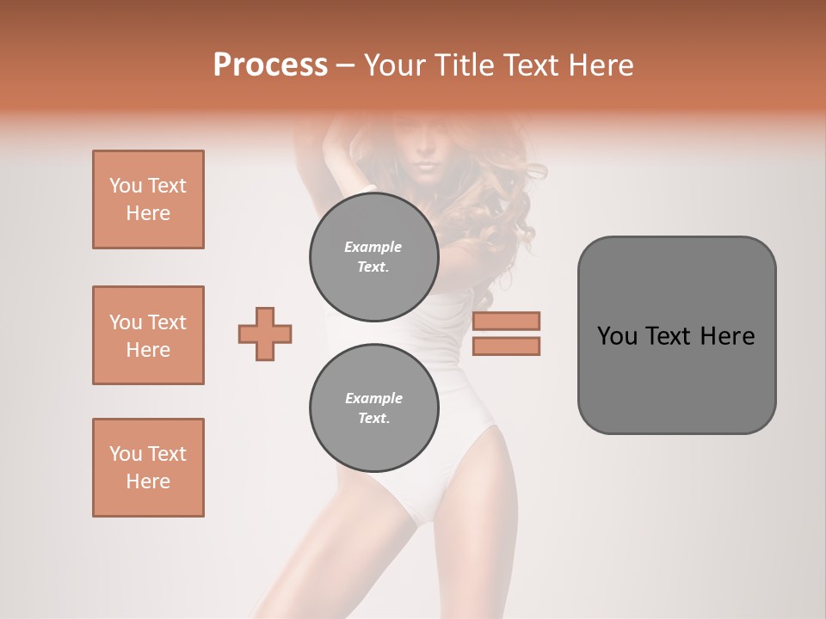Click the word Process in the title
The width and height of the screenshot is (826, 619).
point(270,65)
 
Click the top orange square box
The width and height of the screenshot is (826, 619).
point(148,199)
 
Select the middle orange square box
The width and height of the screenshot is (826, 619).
point(148,335)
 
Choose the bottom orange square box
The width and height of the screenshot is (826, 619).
point(148,468)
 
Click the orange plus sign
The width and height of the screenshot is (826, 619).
point(265,334)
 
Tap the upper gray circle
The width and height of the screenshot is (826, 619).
point(374,257)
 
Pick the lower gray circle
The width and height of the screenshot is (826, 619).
point(374,408)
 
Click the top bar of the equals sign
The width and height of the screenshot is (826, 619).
point(506,321)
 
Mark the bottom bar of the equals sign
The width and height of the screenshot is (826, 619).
point(506,346)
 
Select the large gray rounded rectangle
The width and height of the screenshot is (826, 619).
point(676,378)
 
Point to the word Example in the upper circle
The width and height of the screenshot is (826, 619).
point(373,247)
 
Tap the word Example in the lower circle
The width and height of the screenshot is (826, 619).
point(373,398)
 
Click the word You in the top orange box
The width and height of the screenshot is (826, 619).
point(126,186)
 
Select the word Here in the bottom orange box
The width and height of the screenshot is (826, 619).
point(148,481)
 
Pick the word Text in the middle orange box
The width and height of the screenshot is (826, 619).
point(167,322)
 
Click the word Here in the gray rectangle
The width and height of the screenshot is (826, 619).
point(727,336)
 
